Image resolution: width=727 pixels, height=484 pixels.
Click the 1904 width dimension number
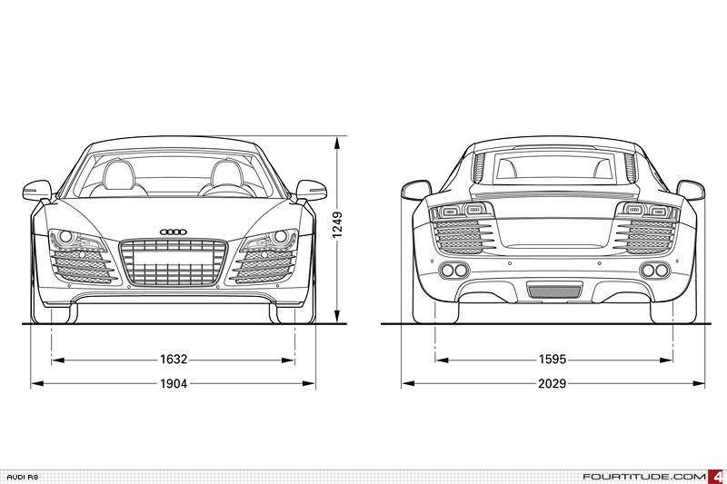(x=174, y=384)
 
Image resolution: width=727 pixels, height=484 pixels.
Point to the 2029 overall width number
(x=553, y=384)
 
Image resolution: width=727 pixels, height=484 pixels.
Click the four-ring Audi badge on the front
(x=174, y=232)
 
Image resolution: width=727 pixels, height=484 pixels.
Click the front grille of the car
(x=174, y=262)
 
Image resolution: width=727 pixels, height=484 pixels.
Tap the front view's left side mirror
(x=38, y=191)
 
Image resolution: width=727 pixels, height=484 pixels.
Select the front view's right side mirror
(x=310, y=191)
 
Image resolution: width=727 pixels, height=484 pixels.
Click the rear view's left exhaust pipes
(x=453, y=271)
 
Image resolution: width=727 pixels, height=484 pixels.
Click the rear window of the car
(x=553, y=169)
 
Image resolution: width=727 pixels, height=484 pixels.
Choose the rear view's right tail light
(x=646, y=212)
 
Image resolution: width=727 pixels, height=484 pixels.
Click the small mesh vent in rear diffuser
(x=553, y=291)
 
